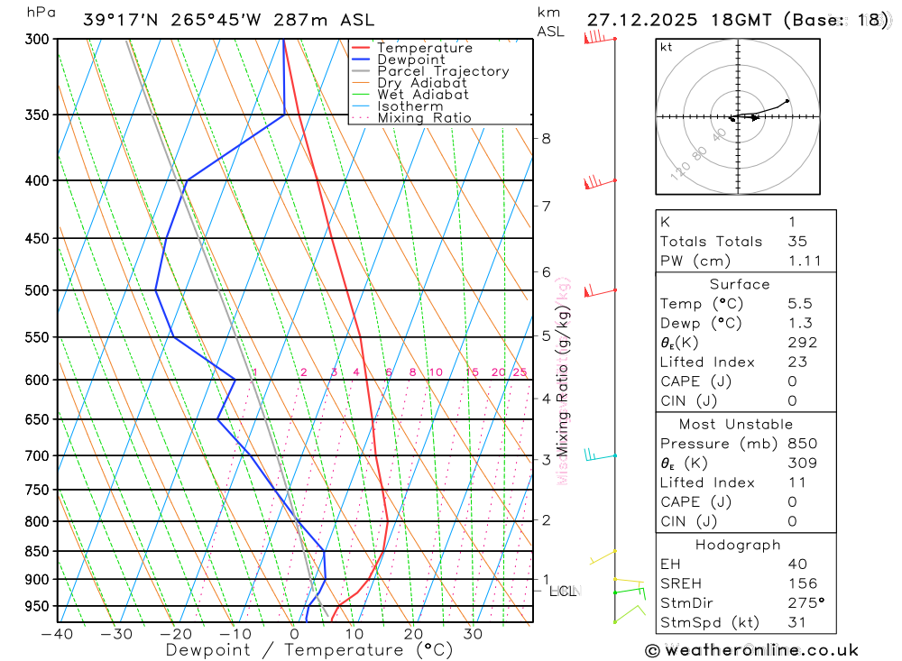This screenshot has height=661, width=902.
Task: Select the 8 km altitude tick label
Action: pyautogui.click(x=547, y=138)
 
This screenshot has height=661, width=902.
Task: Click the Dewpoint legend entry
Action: pyautogui.click(x=410, y=60)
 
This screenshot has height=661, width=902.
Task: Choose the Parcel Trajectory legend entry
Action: pyautogui.click(x=442, y=71)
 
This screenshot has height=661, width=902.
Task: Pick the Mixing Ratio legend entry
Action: pyautogui.click(x=424, y=118)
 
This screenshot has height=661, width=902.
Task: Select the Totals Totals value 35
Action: pyautogui.click(x=796, y=241)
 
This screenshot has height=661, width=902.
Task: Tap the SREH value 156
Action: pyautogui.click(x=802, y=583)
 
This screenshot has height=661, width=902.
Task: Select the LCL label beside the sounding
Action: pyautogui.click(x=561, y=592)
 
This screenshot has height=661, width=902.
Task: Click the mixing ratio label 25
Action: pyautogui.click(x=520, y=372)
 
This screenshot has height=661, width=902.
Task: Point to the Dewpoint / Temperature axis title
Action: pyautogui.click(x=294, y=650)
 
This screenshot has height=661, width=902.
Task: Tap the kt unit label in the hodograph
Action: pyautogui.click(x=667, y=47)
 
